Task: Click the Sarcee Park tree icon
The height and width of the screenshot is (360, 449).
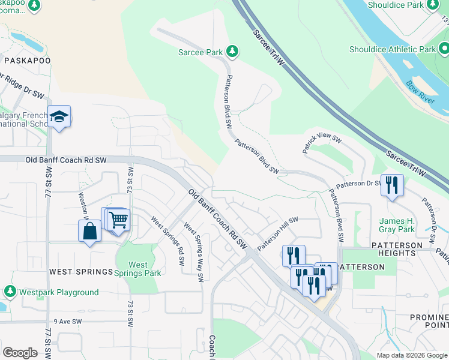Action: (x=232, y=52)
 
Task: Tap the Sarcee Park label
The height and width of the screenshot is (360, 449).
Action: (x=200, y=52)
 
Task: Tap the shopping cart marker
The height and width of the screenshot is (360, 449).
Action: (x=118, y=220)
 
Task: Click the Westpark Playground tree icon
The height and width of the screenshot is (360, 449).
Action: (x=10, y=292)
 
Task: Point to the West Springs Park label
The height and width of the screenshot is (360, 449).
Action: (x=138, y=269)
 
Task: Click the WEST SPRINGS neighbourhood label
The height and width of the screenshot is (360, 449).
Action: (x=81, y=272)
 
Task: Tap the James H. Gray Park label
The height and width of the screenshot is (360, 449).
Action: (x=397, y=225)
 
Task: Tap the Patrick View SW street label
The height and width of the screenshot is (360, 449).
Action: (x=322, y=145)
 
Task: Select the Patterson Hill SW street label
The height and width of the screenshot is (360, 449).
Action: (x=277, y=234)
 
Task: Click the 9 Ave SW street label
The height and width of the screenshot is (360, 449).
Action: (x=67, y=322)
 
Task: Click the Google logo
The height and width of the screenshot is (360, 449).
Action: (x=20, y=353)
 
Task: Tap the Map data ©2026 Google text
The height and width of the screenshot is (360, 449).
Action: (x=411, y=355)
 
